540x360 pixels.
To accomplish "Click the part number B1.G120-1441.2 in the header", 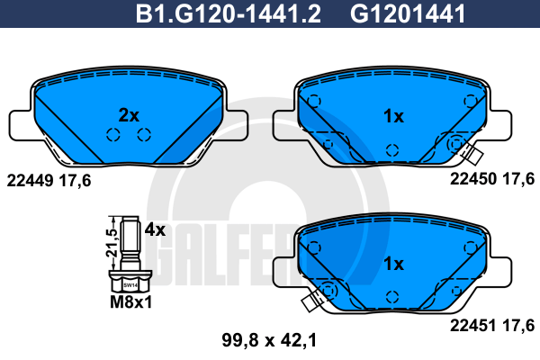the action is click(229, 13).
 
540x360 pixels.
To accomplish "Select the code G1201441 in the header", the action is click(408, 13).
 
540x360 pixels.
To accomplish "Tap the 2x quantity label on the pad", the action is click(129, 115).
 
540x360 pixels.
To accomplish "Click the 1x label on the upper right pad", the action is click(393, 116).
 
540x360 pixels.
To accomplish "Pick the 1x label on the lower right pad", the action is click(393, 264).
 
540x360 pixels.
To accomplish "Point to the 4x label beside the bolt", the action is click(155, 229).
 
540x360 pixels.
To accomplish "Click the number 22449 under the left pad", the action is click(30, 181).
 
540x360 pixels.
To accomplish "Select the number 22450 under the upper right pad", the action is click(473, 179).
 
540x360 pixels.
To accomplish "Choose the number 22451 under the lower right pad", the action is click(473, 326).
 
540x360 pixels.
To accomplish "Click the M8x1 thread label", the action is click(130, 302).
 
